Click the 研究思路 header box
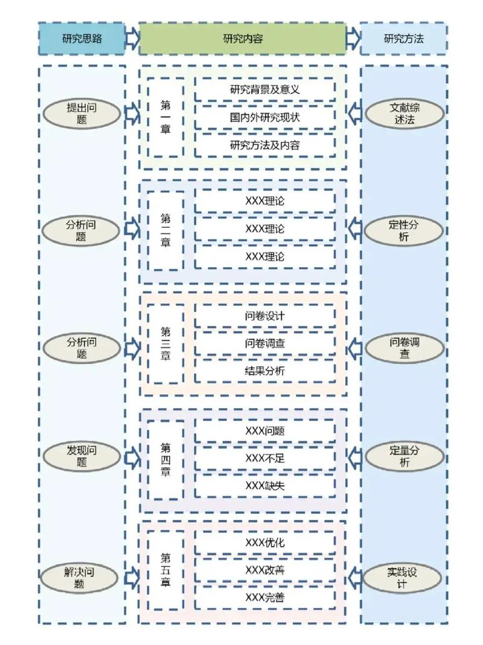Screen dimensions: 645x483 (82, 39)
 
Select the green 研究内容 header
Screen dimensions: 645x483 (242, 39)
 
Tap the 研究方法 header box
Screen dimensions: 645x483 (403, 39)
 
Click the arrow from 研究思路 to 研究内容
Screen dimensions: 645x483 (132, 39)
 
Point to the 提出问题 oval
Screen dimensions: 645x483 (82, 114)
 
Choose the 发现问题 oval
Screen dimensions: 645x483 (82, 456)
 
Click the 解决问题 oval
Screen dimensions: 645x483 (82, 577)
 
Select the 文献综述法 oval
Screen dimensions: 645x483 (404, 114)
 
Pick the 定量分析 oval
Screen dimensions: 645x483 (404, 456)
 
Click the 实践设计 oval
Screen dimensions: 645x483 (404, 577)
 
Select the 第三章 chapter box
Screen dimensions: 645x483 (165, 344)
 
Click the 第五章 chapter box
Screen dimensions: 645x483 (165, 571)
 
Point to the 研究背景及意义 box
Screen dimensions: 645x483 (264, 90)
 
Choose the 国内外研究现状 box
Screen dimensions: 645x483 (264, 117)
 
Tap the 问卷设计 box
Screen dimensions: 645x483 (264, 316)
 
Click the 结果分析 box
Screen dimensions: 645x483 (264, 371)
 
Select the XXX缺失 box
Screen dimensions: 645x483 (264, 485)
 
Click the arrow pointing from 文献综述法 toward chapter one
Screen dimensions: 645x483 (354, 113)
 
